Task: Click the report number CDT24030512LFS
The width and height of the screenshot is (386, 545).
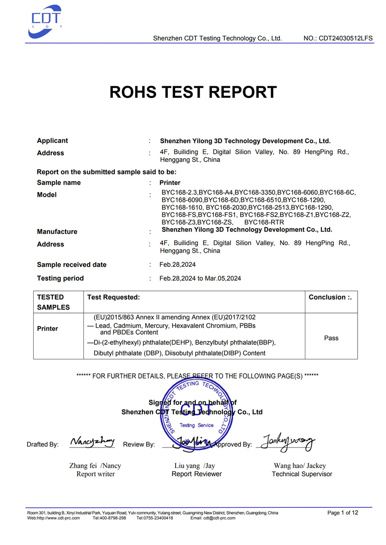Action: click(338, 38)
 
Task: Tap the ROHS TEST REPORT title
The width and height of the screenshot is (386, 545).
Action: click(193, 92)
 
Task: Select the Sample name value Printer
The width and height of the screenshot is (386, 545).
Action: click(170, 183)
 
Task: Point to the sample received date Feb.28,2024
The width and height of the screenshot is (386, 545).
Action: click(178, 265)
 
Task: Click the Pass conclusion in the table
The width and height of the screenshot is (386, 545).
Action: click(331, 338)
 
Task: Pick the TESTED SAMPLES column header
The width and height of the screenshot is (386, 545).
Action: click(53, 302)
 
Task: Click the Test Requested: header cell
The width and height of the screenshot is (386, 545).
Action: click(113, 298)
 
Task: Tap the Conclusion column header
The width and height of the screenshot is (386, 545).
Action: click(330, 298)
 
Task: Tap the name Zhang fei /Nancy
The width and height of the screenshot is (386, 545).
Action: click(96, 466)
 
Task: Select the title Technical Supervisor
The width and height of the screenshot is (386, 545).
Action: click(302, 474)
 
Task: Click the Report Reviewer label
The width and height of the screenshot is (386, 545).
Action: click(196, 474)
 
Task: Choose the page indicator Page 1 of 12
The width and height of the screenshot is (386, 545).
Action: click(343, 513)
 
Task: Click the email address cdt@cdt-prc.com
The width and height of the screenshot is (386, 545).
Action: click(220, 518)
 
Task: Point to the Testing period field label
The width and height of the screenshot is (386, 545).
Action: click(60, 278)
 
